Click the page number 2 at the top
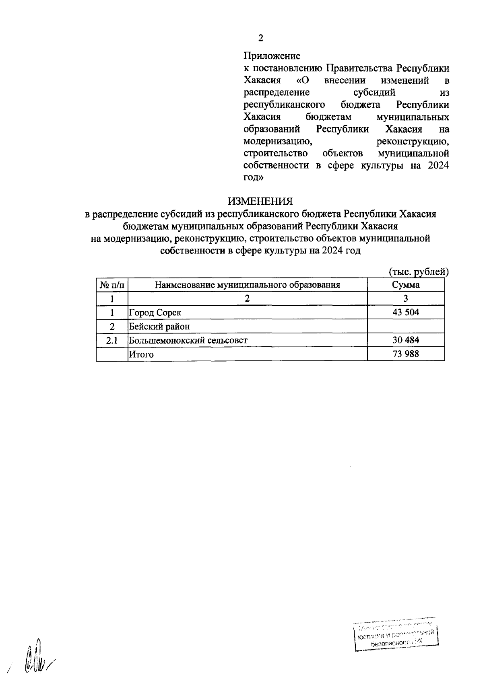coord(260,38)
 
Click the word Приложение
coord(272,56)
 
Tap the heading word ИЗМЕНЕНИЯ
coord(260,201)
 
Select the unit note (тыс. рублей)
coord(419,272)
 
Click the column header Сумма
coord(406,285)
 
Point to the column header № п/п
coord(112,285)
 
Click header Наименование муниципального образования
coord(248,285)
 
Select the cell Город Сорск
coord(155,313)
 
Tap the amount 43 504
coord(406,312)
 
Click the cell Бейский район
coord(159,326)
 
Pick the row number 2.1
coord(112,340)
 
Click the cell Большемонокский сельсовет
coord(188,340)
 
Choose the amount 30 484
coord(406,340)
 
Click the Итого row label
coord(141,354)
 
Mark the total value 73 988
coord(406,354)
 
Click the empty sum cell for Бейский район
coord(406,326)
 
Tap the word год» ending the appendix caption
coord(254,177)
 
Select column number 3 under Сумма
coord(406,298)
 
